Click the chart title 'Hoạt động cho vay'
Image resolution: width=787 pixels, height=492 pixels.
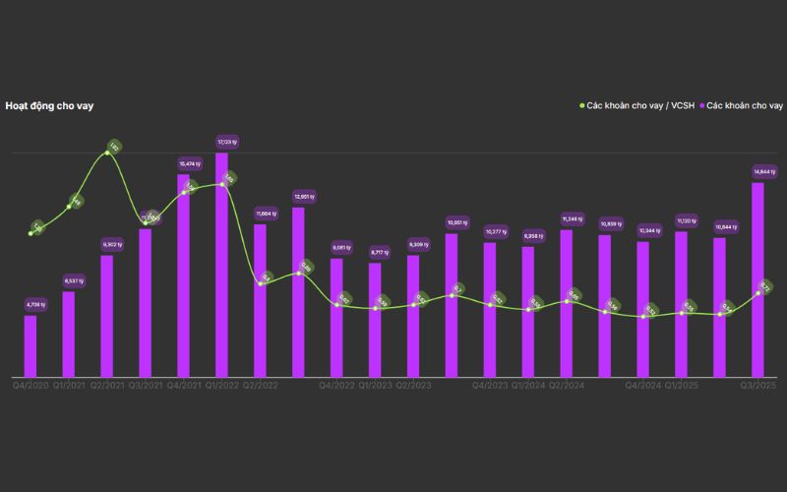click(x=49, y=105)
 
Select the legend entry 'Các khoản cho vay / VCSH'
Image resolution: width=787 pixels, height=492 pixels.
click(x=636, y=105)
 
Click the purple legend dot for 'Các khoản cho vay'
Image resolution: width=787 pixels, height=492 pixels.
click(x=701, y=105)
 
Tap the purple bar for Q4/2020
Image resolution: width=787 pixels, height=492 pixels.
click(x=30, y=346)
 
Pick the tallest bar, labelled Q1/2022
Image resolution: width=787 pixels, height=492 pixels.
click(x=221, y=266)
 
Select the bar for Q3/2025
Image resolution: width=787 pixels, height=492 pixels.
click(x=758, y=280)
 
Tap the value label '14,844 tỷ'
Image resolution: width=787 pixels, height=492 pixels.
click(x=759, y=172)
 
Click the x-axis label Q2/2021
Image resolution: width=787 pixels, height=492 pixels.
click(x=107, y=386)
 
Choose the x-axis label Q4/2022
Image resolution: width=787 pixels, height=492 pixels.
click(x=336, y=386)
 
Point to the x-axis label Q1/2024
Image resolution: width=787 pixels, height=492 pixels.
click(x=528, y=386)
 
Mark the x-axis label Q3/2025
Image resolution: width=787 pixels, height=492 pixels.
click(x=758, y=386)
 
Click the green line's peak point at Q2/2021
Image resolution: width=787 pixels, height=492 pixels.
click(x=109, y=153)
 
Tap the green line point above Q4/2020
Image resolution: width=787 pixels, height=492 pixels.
click(x=30, y=233)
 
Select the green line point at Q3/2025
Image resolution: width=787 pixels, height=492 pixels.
click(x=758, y=292)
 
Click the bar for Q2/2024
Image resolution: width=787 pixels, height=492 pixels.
click(x=567, y=304)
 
